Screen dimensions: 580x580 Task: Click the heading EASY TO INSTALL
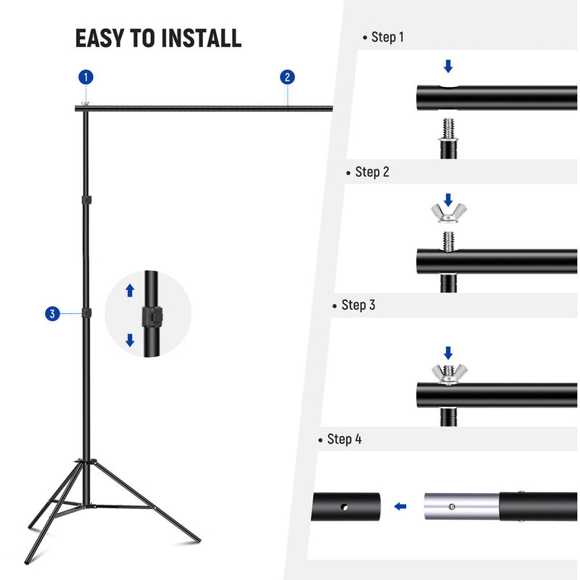click(158, 38)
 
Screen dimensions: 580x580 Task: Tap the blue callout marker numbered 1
click(87, 77)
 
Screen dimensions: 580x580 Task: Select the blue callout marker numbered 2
click(288, 77)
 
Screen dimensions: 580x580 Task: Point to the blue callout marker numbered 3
click(51, 313)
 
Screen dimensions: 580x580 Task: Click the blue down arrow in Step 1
click(448, 67)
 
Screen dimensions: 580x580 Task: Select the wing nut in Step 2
click(449, 213)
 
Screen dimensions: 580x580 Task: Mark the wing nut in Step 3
click(449, 373)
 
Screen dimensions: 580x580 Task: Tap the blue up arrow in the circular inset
click(130, 291)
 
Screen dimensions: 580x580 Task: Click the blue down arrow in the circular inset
click(130, 339)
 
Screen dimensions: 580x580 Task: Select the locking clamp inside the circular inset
click(152, 316)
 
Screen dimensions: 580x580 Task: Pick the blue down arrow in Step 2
click(448, 198)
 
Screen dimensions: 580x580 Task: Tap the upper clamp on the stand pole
click(86, 199)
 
